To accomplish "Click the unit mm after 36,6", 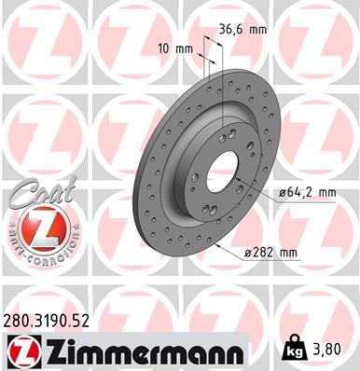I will [x=257, y=29].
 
